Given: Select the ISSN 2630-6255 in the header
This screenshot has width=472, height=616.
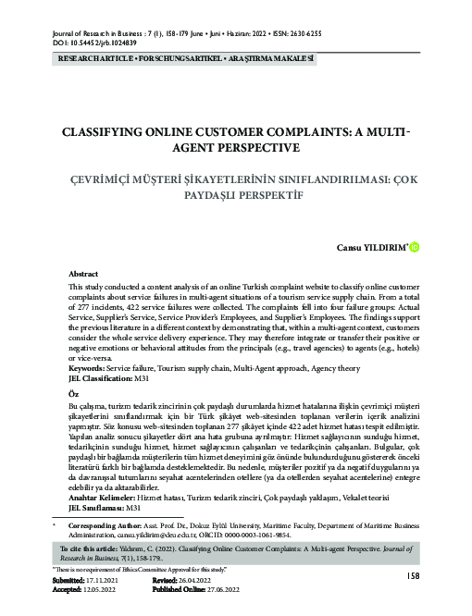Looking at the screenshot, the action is [x=303, y=32].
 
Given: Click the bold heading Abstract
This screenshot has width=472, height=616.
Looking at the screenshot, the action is [x=85, y=275].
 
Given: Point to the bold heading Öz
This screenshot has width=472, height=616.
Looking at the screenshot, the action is [x=75, y=393].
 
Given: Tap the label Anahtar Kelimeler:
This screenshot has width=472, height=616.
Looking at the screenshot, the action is [x=101, y=498].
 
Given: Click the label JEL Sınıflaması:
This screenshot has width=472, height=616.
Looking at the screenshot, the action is [x=96, y=508].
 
